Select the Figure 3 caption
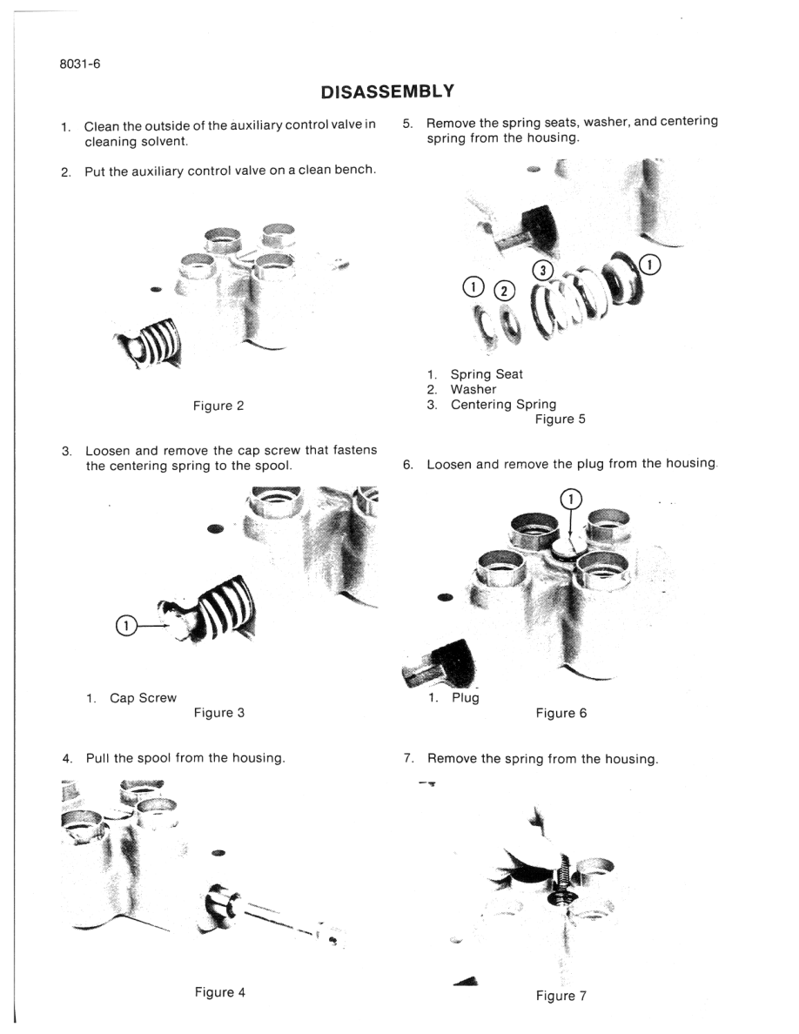coord(218,712)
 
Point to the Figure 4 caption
coord(219,991)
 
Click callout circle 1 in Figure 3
coord(124,626)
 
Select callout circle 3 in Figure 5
coord(541,270)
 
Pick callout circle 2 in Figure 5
coord(504,291)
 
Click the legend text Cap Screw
coord(143,697)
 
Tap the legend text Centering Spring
coord(503,404)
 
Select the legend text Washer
coord(473,389)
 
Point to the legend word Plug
coord(465,697)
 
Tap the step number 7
coord(407,758)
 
